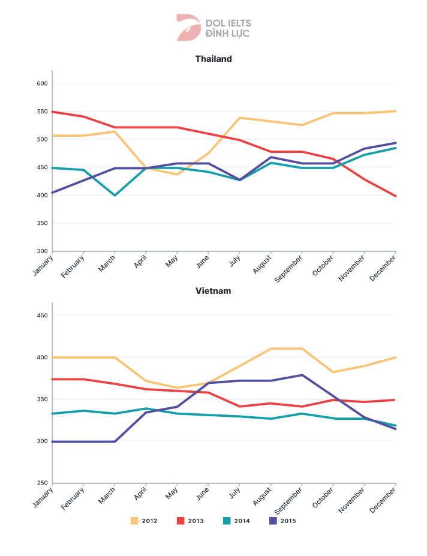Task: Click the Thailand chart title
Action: click(213, 59)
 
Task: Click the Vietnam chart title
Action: click(213, 291)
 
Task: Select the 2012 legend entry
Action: click(144, 521)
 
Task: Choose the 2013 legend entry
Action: click(190, 521)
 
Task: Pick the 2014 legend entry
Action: click(236, 521)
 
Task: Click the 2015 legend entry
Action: click(282, 521)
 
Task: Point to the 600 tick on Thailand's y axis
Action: click(41, 83)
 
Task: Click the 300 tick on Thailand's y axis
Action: click(41, 251)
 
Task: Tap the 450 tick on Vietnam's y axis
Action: click(41, 315)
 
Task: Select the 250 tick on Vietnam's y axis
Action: click(41, 483)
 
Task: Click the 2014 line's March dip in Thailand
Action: click(115, 195)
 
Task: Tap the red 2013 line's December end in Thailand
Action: click(395, 196)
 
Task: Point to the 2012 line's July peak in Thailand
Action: click(240, 118)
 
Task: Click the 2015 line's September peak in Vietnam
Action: click(302, 375)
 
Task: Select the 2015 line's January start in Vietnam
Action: click(53, 441)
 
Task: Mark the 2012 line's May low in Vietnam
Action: click(178, 388)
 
